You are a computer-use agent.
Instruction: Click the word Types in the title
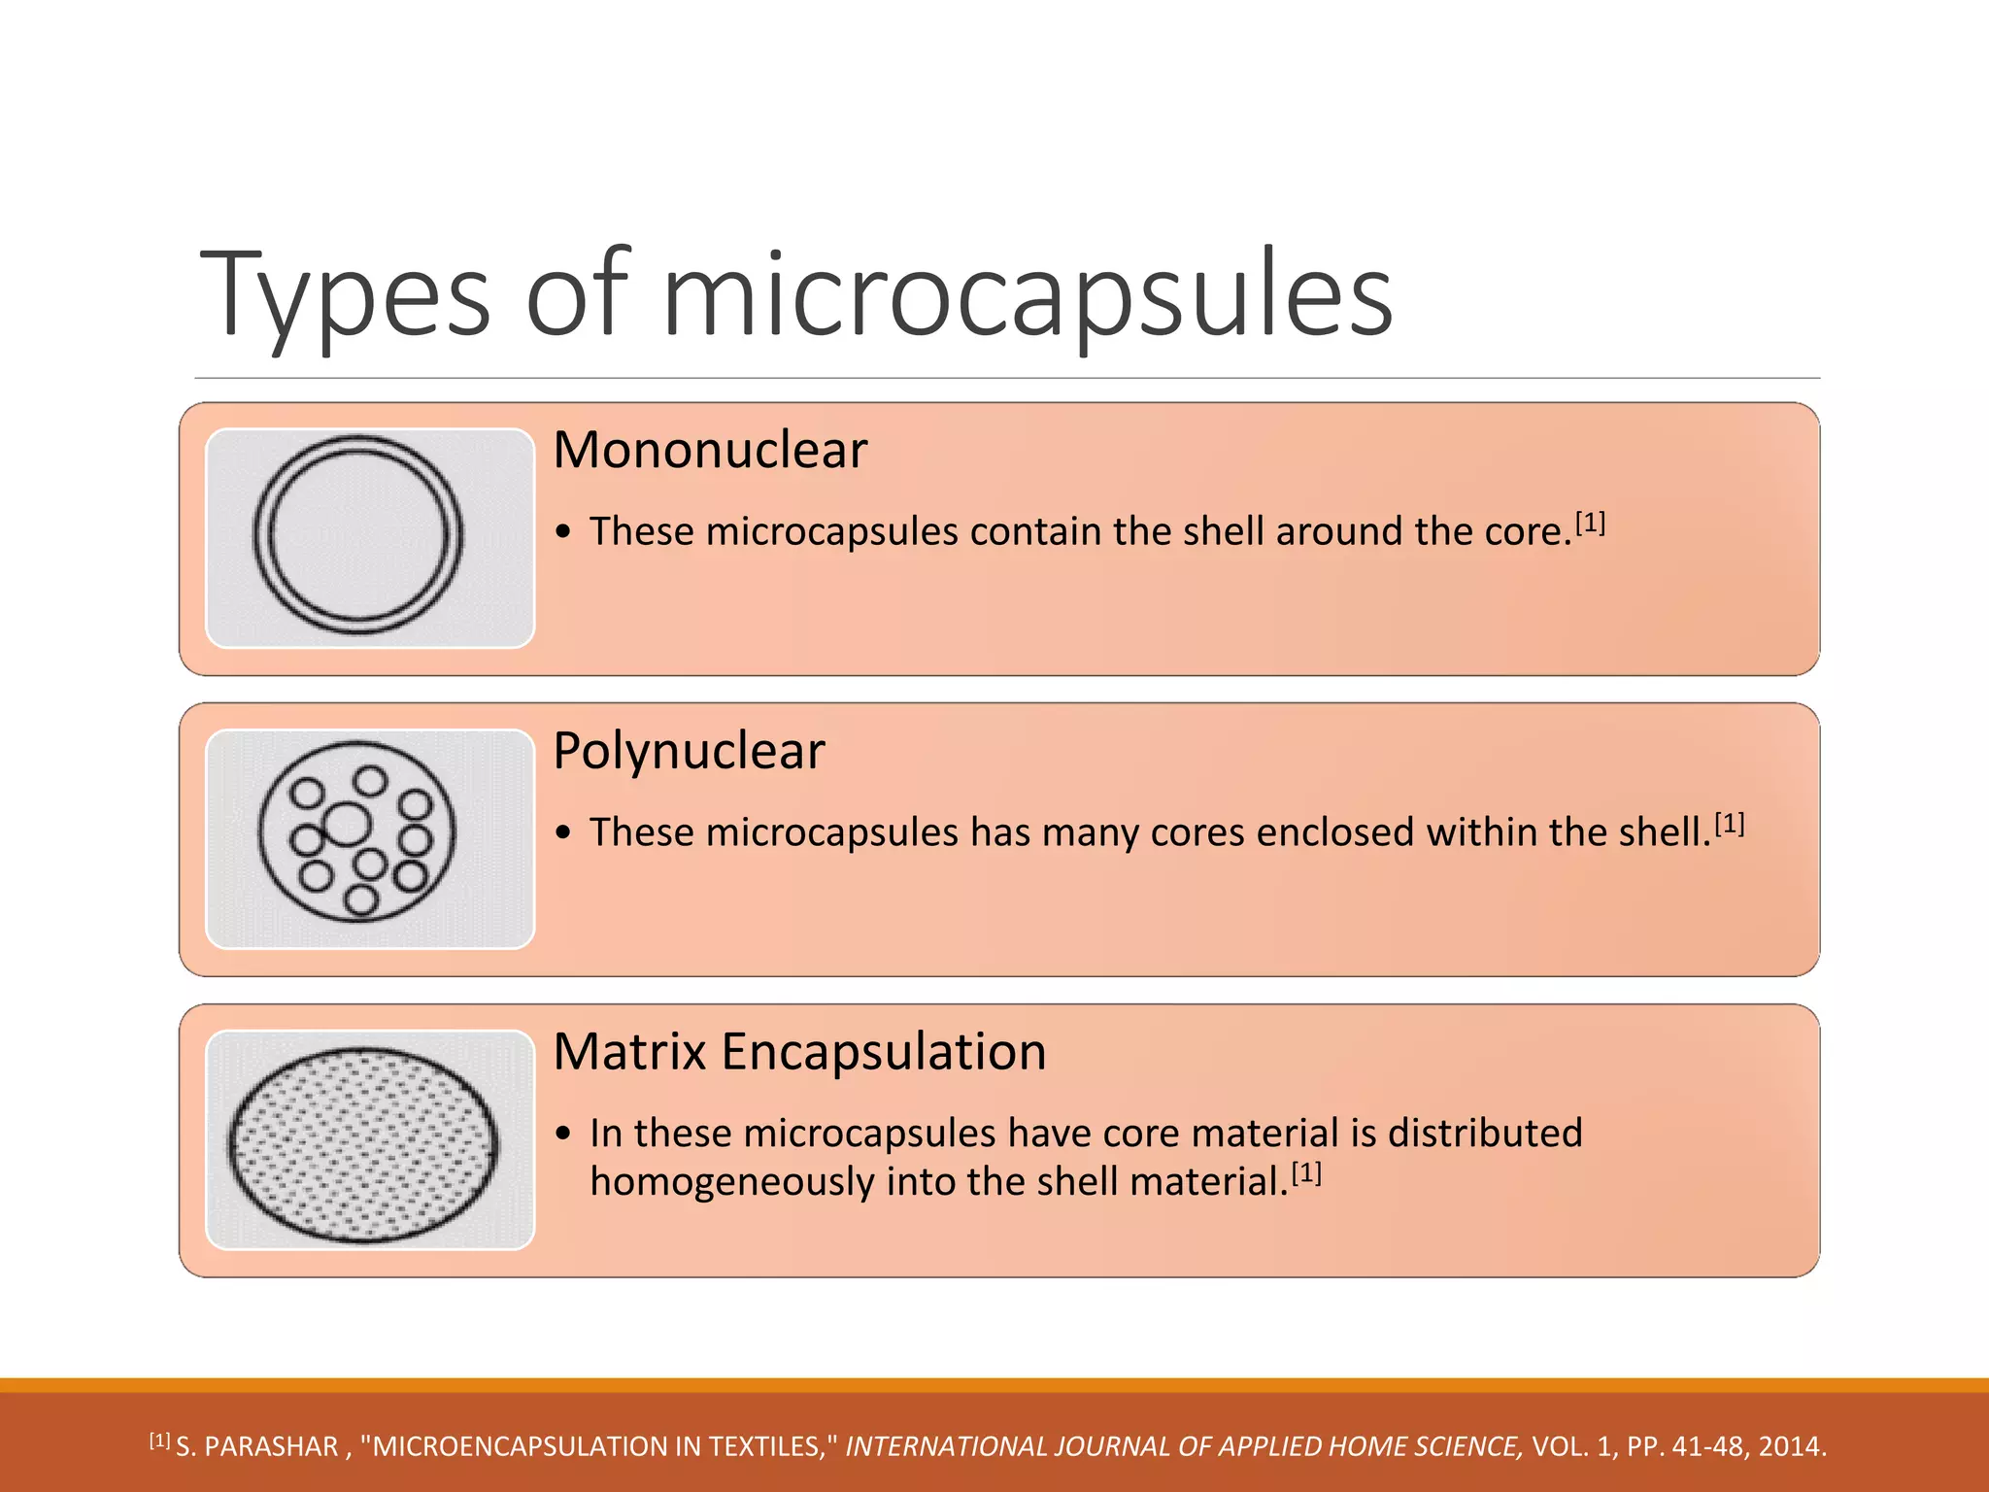pos(345,294)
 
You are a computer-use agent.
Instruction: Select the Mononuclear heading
pos(710,450)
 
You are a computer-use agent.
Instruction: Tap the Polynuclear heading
pos(689,751)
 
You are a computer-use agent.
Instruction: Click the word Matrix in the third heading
pos(629,1052)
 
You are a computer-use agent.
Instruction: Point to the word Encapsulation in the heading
pos(884,1052)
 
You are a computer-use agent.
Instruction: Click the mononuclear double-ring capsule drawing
pos(358,535)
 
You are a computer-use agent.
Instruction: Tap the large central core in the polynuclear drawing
pos(347,824)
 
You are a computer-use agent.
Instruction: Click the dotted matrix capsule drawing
pos(363,1144)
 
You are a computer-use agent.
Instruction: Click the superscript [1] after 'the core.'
pos(1590,524)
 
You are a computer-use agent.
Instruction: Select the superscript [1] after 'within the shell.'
pos(1730,825)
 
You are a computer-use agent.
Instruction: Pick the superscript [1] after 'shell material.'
pos(1306,1173)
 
